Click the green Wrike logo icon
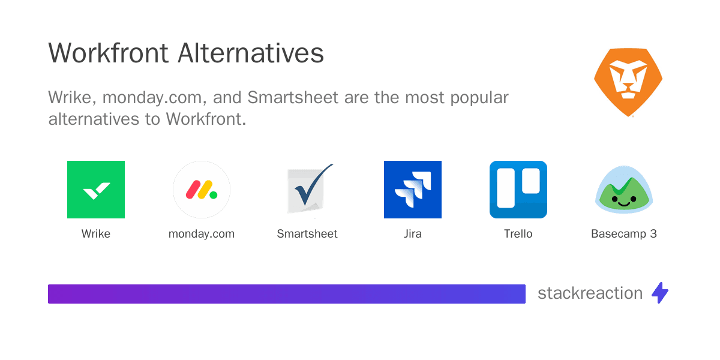(96, 190)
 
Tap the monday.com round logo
(202, 190)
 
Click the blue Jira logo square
(413, 190)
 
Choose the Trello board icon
(518, 190)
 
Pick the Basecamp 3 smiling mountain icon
(624, 190)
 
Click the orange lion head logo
(628, 82)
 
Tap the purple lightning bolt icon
(660, 293)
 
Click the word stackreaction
(590, 293)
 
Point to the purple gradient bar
(287, 294)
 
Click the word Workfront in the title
(109, 53)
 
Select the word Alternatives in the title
(251, 53)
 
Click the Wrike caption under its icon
(96, 233)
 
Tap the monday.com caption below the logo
(202, 234)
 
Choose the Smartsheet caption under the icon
(307, 233)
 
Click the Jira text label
(413, 233)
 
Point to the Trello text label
(518, 233)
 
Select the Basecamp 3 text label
(624, 233)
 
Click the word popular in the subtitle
(479, 98)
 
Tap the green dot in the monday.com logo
(213, 195)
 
